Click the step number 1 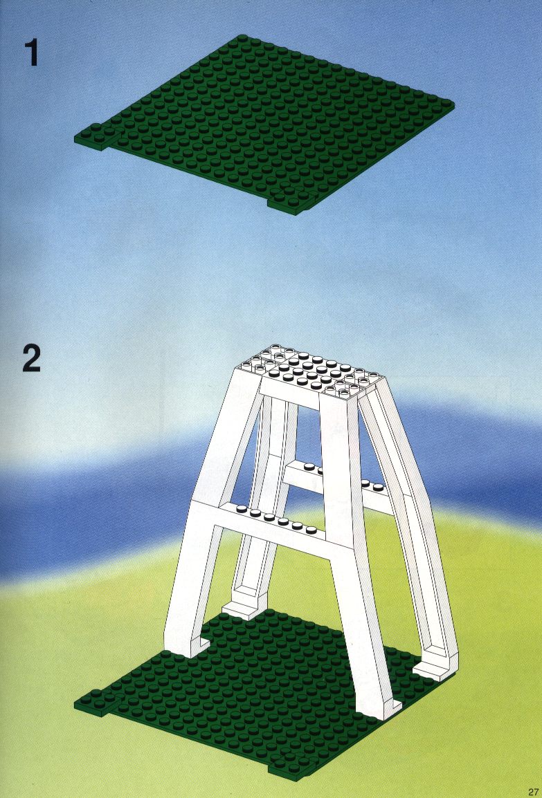tap(32, 53)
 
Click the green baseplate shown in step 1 tap(264, 124)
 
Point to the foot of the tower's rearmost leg tap(243, 606)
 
